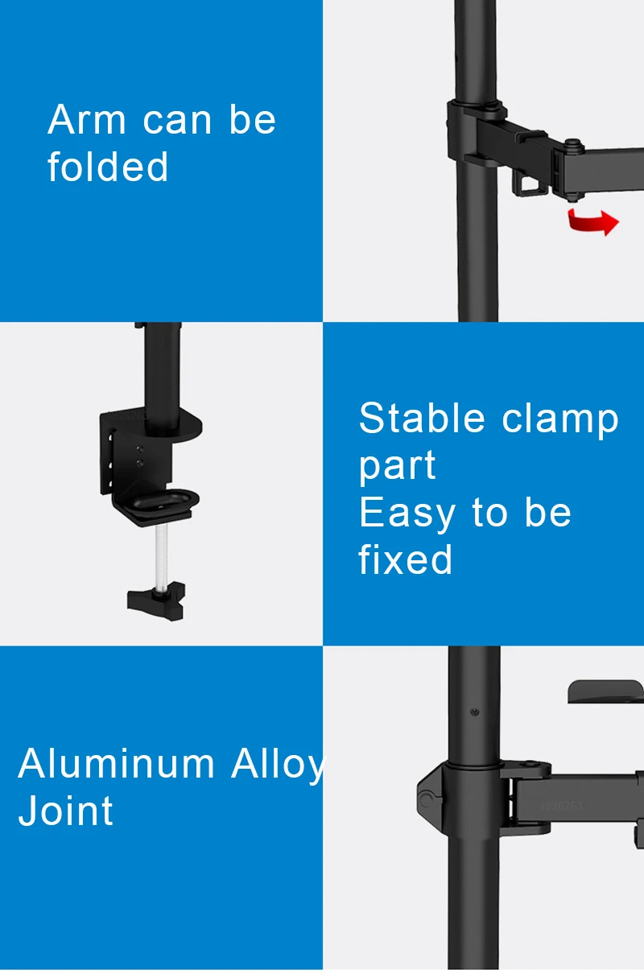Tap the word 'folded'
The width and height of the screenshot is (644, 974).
[107, 166]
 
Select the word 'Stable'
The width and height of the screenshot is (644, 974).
[421, 418]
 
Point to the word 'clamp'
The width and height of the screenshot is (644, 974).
[560, 422]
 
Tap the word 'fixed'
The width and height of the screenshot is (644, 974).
[405, 559]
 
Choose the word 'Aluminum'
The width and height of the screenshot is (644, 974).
[116, 763]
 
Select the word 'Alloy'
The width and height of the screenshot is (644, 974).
[278, 766]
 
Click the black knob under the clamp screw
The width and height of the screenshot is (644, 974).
[156, 600]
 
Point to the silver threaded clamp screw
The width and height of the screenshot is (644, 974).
[161, 555]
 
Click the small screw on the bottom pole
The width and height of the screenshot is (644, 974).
[474, 712]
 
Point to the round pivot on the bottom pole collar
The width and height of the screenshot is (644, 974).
[426, 799]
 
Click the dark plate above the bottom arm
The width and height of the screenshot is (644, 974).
[605, 691]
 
